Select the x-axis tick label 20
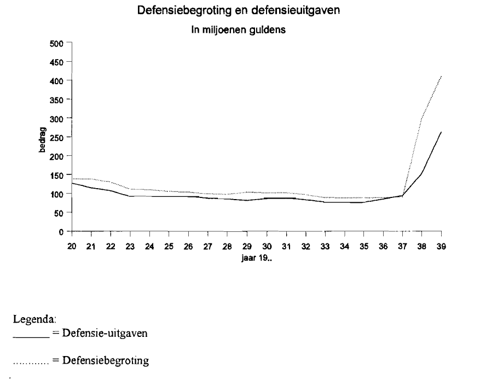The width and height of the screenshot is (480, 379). pyautogui.click(x=72, y=247)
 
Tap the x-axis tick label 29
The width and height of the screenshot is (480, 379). pyautogui.click(x=247, y=247)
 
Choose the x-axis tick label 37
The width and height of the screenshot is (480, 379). pyautogui.click(x=402, y=247)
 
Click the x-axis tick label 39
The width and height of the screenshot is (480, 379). pyautogui.click(x=441, y=247)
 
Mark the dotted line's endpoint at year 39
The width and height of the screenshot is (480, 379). pyautogui.click(x=441, y=76)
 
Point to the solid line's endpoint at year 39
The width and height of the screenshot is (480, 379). pyautogui.click(x=441, y=132)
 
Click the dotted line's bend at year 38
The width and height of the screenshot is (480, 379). pyautogui.click(x=422, y=118)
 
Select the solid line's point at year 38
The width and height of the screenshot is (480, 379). pyautogui.click(x=422, y=174)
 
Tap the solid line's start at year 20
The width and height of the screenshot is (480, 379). pyautogui.click(x=72, y=183)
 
